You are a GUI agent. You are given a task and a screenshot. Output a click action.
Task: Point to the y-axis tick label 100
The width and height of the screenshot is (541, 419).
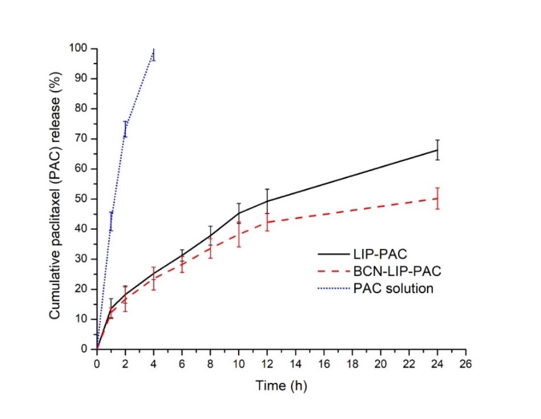[x=80, y=48]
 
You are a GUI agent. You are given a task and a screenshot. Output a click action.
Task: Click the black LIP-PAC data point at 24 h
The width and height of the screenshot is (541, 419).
[x=438, y=150]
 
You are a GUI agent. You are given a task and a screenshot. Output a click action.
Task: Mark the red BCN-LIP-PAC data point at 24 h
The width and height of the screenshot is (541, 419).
[x=438, y=198]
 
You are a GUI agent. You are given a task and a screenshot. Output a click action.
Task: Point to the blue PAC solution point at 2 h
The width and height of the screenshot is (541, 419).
[x=125, y=129]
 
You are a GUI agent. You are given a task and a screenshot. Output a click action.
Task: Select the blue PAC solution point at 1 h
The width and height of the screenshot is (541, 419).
[x=111, y=221]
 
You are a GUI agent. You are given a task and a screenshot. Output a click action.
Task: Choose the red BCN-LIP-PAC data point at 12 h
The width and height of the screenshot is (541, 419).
[x=267, y=222]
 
